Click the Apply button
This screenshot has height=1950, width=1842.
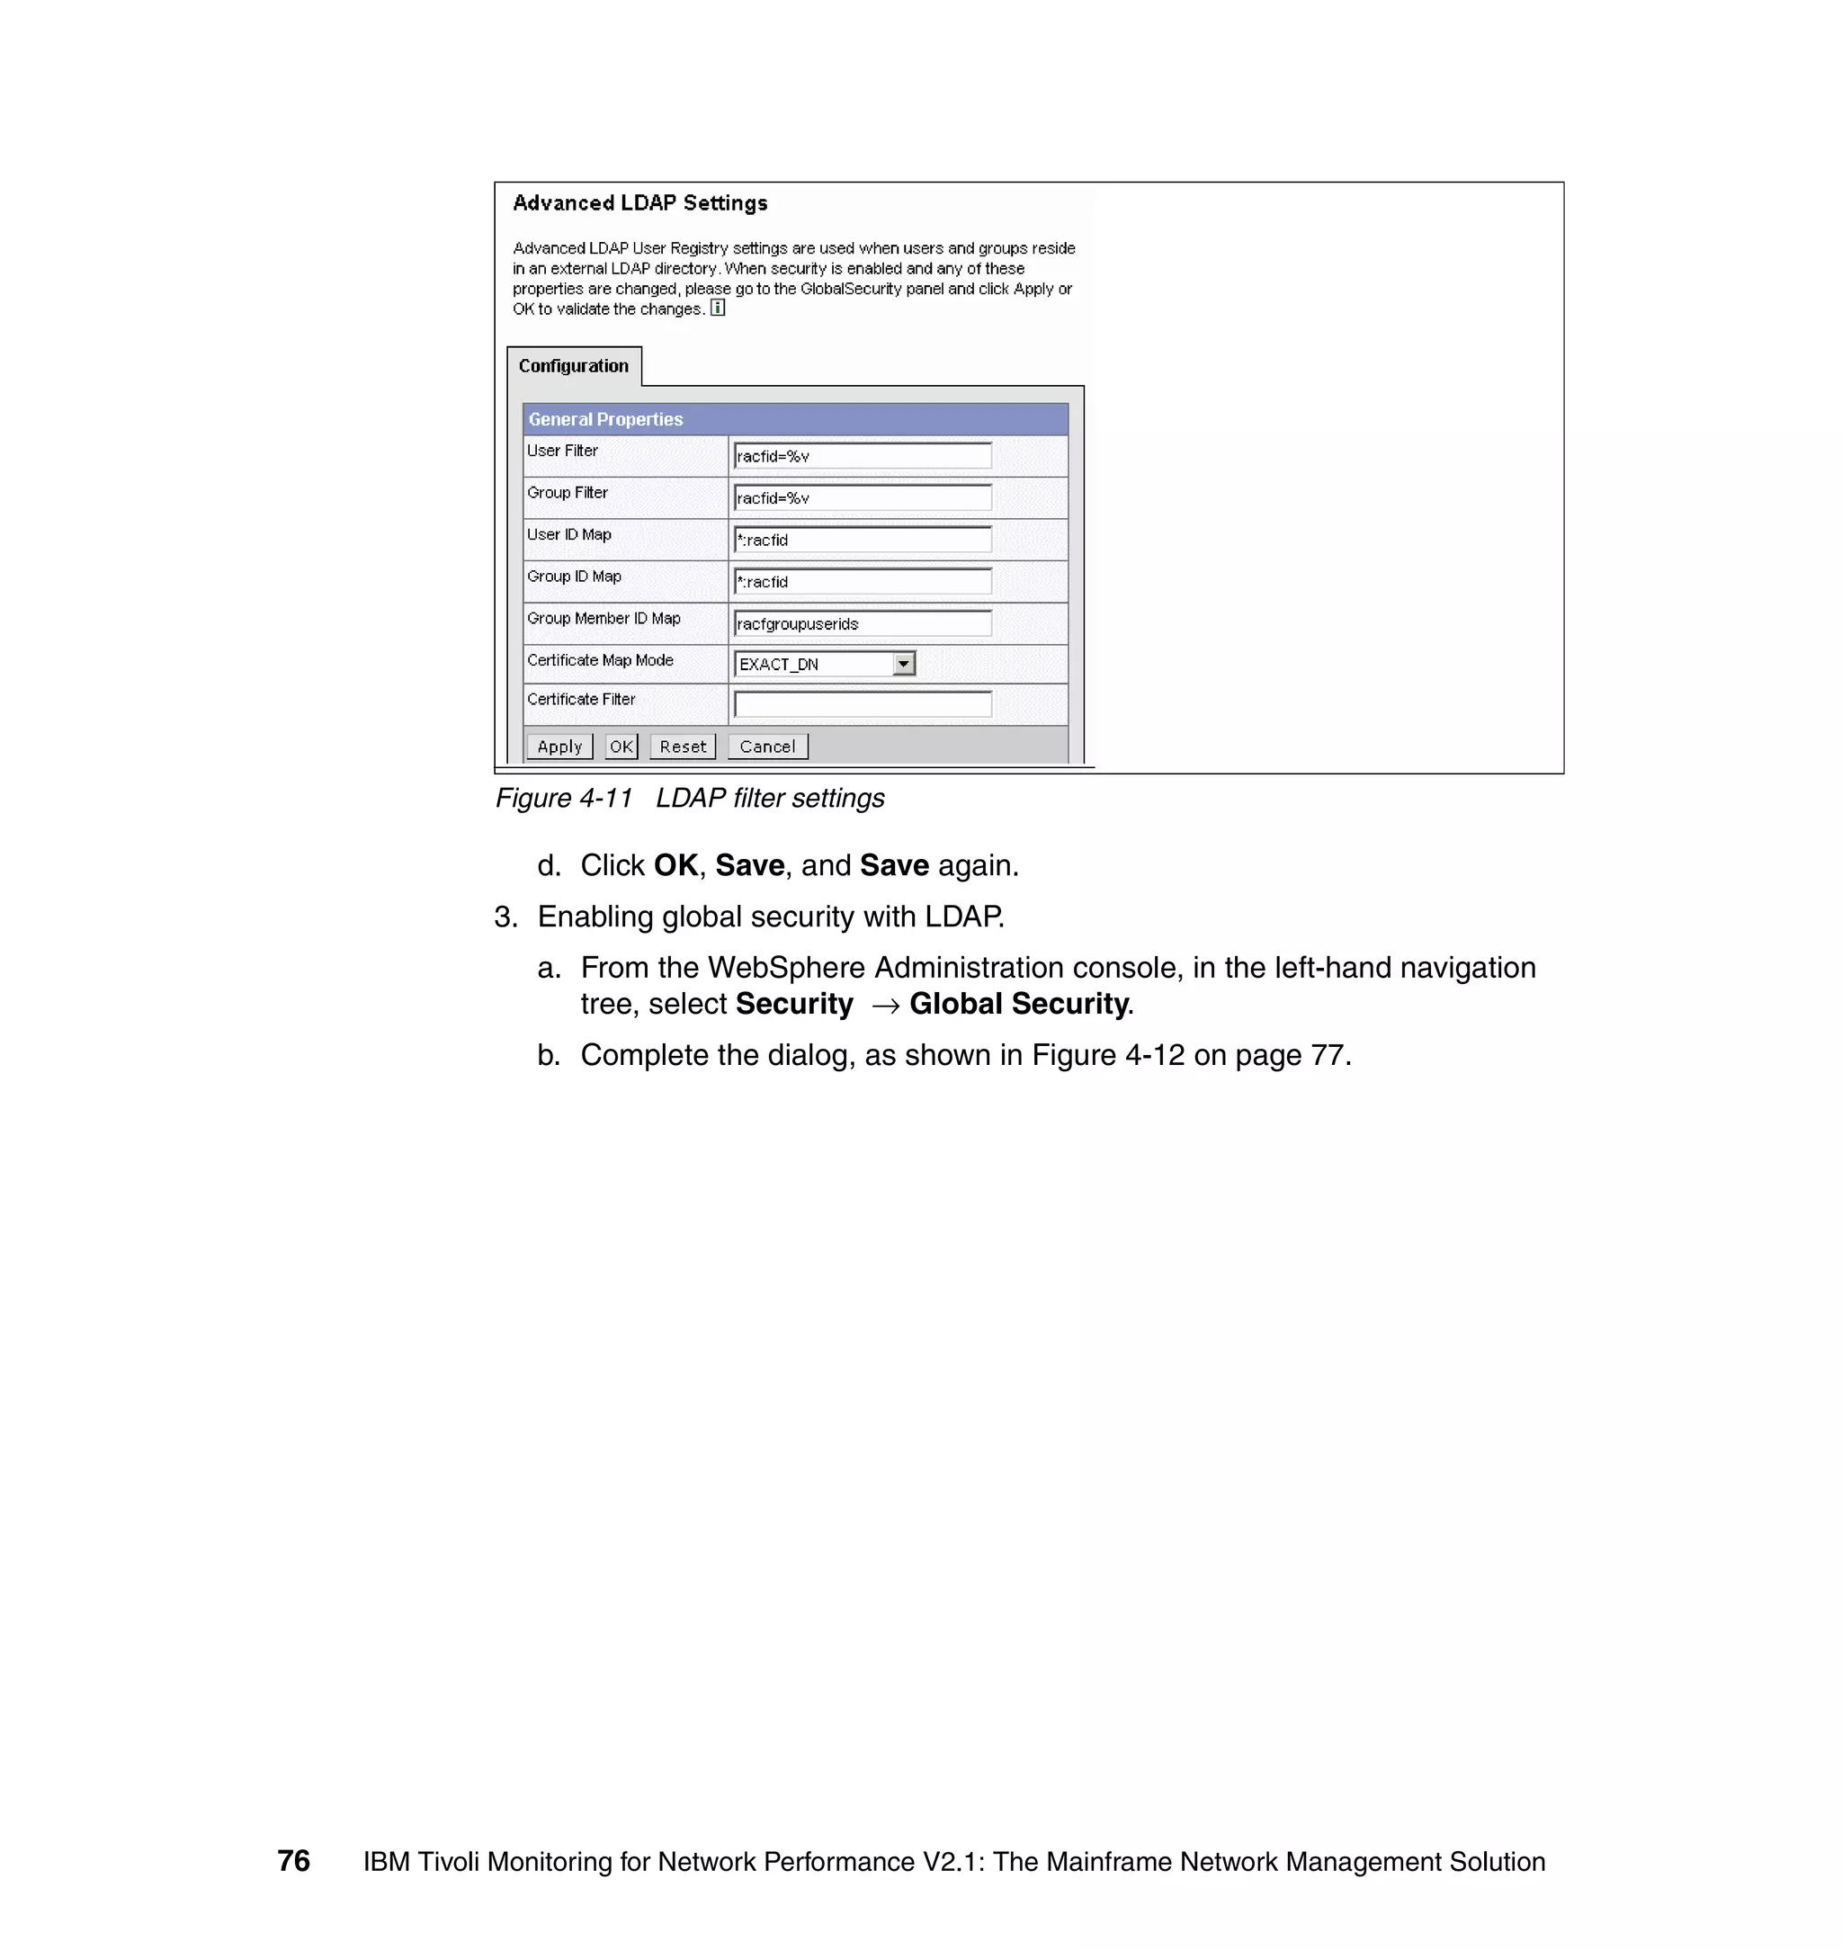[559, 747]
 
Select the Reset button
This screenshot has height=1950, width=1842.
[683, 747]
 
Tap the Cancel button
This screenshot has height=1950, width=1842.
[767, 747]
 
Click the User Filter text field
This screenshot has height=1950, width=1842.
[862, 456]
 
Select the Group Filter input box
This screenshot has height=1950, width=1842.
[862, 497]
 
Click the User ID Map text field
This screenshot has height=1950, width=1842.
[862, 539]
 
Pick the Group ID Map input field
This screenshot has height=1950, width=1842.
[862, 581]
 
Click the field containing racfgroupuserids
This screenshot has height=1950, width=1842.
[862, 623]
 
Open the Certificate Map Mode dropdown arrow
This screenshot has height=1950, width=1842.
[903, 664]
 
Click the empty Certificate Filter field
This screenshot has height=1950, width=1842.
[862, 704]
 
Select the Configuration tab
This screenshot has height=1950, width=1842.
[574, 366]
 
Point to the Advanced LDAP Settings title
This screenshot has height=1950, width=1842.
[639, 203]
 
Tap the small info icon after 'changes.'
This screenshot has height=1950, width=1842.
[718, 309]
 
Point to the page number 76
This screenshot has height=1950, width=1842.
[293, 1861]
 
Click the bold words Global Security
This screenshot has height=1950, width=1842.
[1019, 1004]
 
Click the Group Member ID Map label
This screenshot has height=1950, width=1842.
[603, 619]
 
